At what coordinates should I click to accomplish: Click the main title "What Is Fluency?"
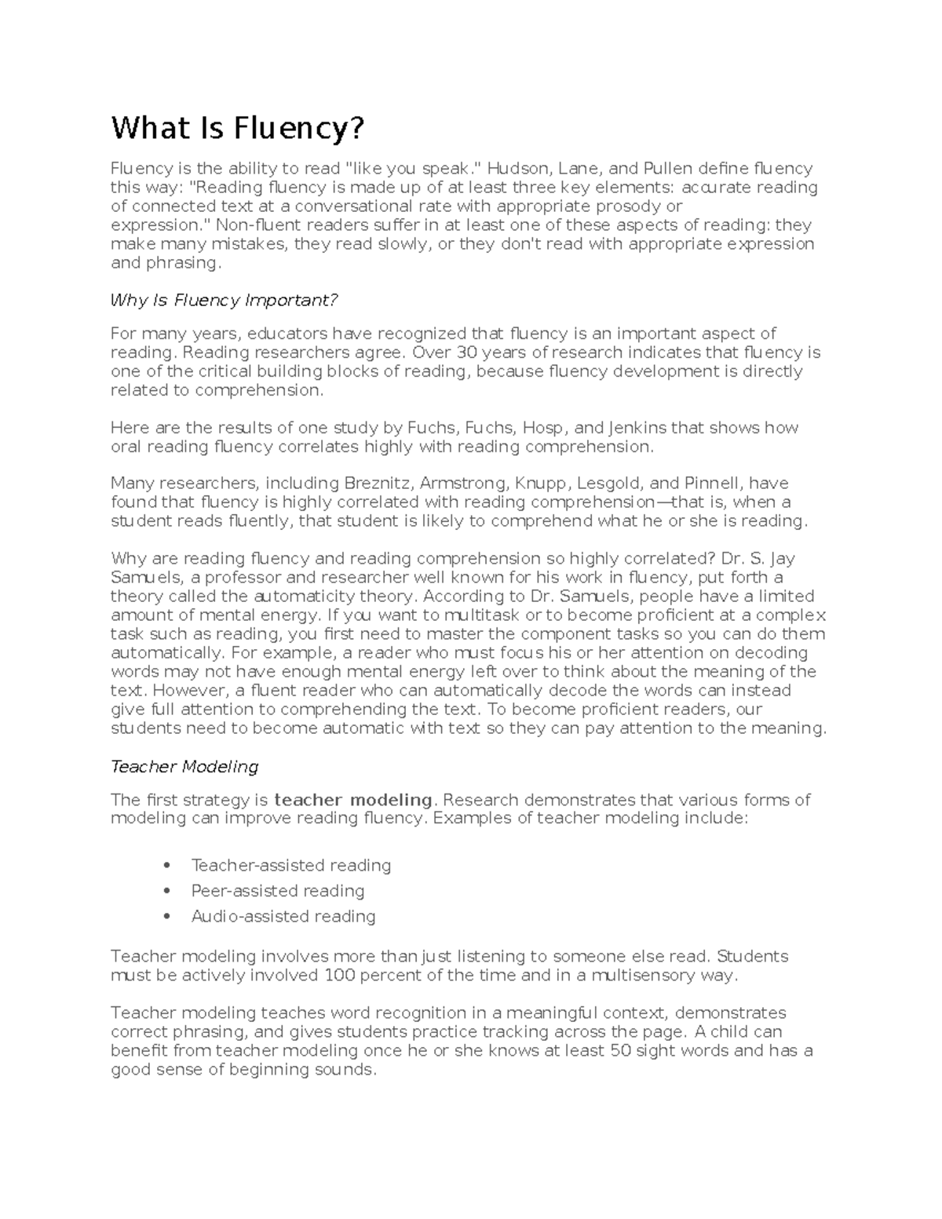238,128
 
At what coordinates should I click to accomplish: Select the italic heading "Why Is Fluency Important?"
224,300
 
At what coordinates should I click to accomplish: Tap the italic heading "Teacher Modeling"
184,766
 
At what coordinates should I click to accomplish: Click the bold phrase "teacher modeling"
353,800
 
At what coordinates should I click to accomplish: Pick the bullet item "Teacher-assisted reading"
290,865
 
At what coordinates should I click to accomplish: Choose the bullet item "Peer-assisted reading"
277,891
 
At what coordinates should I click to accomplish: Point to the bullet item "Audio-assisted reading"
283,916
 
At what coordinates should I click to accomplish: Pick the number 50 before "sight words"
621,1051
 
